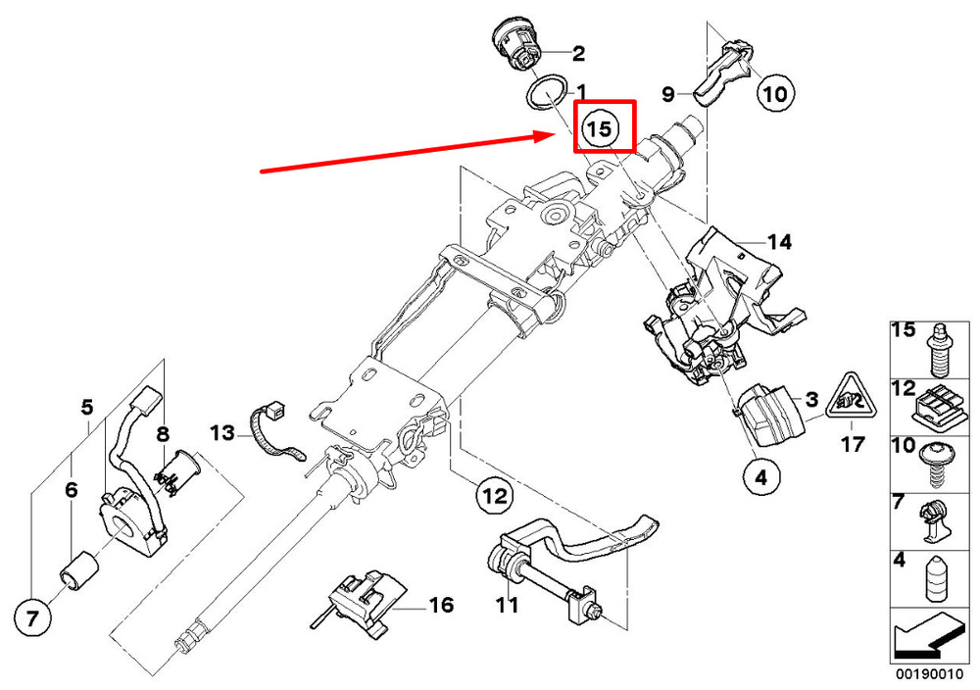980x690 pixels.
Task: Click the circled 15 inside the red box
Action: point(600,127)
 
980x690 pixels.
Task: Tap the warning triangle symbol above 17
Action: point(850,397)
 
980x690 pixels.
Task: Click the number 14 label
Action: point(778,241)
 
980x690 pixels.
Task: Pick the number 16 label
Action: point(441,605)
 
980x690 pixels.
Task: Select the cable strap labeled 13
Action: point(273,435)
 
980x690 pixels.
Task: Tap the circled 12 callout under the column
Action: point(494,497)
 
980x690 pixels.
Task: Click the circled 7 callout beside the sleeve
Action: point(31,617)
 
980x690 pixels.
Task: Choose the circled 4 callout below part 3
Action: point(761,478)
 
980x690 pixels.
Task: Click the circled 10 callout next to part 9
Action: point(774,93)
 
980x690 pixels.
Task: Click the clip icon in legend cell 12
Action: point(938,406)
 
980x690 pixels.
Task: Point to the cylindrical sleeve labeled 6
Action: point(77,570)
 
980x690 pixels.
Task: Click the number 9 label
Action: point(668,94)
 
